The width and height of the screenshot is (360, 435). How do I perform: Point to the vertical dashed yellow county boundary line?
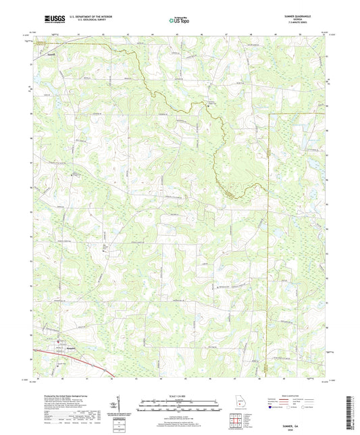269,236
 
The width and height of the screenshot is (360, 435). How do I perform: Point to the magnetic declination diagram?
120,406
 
